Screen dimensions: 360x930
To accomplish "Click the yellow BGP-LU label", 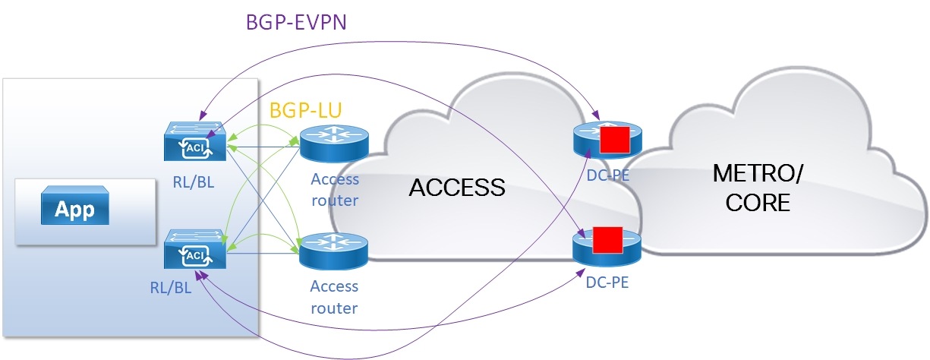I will (x=306, y=110).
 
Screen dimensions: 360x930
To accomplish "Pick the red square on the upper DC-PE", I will (x=614, y=140).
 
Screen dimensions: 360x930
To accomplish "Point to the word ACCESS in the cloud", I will (x=457, y=187).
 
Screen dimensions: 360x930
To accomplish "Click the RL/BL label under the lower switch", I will (x=171, y=287).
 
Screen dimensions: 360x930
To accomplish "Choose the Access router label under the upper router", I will (x=334, y=190).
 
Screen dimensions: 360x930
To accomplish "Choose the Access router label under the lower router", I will (x=334, y=297).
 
